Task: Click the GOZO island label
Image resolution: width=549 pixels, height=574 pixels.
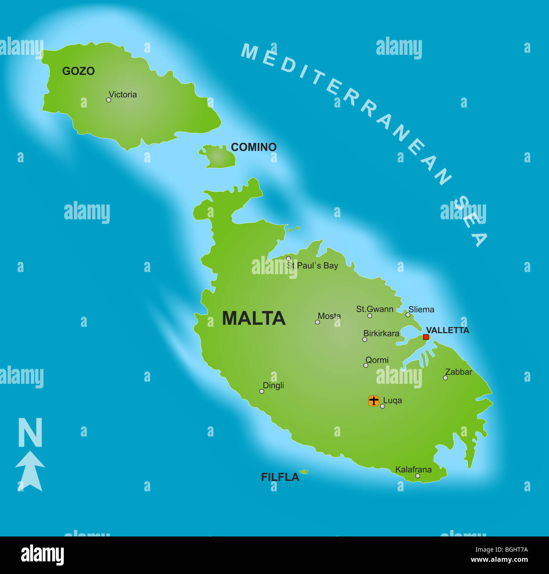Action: (78, 71)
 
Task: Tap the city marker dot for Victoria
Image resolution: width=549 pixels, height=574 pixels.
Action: (109, 100)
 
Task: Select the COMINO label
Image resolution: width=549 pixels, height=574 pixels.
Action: (253, 147)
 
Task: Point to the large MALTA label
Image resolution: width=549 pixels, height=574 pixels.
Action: (253, 318)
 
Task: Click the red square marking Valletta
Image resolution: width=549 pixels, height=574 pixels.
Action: (426, 337)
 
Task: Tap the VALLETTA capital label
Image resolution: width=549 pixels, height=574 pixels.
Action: (447, 330)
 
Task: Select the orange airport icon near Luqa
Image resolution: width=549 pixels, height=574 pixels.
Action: (374, 401)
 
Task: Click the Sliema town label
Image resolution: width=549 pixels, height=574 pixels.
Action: (421, 310)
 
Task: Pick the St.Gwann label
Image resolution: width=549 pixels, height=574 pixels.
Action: (375, 309)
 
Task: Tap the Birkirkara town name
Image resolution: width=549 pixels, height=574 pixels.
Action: (381, 334)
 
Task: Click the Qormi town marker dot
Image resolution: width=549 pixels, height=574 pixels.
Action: (366, 365)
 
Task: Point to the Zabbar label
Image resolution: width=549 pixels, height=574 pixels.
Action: (459, 372)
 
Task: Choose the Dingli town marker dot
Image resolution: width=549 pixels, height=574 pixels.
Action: (261, 391)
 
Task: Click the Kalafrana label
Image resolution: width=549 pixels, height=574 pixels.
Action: (413, 469)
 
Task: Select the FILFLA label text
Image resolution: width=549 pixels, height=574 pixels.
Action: (280, 477)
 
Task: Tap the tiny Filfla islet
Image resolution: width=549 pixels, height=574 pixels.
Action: (304, 472)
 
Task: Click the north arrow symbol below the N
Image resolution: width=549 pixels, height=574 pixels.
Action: (30, 471)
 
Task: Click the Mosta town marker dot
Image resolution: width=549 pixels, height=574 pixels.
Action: (317, 322)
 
